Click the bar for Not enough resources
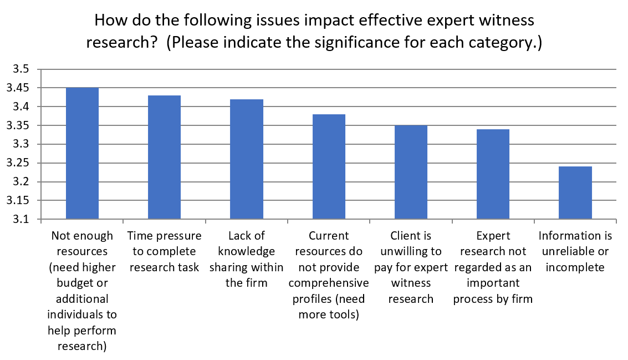click(82, 154)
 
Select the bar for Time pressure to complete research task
click(164, 158)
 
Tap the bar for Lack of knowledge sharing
click(247, 160)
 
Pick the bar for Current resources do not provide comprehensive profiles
click(329, 167)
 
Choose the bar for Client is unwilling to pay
click(411, 173)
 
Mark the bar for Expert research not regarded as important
click(493, 175)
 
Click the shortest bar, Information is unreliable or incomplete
click(575, 193)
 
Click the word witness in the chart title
click(506, 21)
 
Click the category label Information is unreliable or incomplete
click(575, 252)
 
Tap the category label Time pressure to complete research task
click(164, 252)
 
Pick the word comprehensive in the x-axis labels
click(329, 283)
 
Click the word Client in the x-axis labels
click(411, 236)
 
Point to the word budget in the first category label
click(82, 283)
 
